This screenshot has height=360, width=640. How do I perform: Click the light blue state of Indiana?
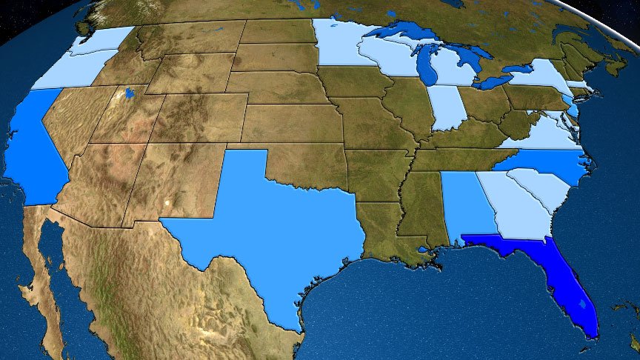pos(447,107)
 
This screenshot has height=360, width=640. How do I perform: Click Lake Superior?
pos(400,33)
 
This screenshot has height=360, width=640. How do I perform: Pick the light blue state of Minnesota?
pos(337,44)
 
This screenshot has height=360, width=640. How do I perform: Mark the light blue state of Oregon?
pos(67,70)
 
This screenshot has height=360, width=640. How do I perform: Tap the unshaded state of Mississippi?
pos(423,207)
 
